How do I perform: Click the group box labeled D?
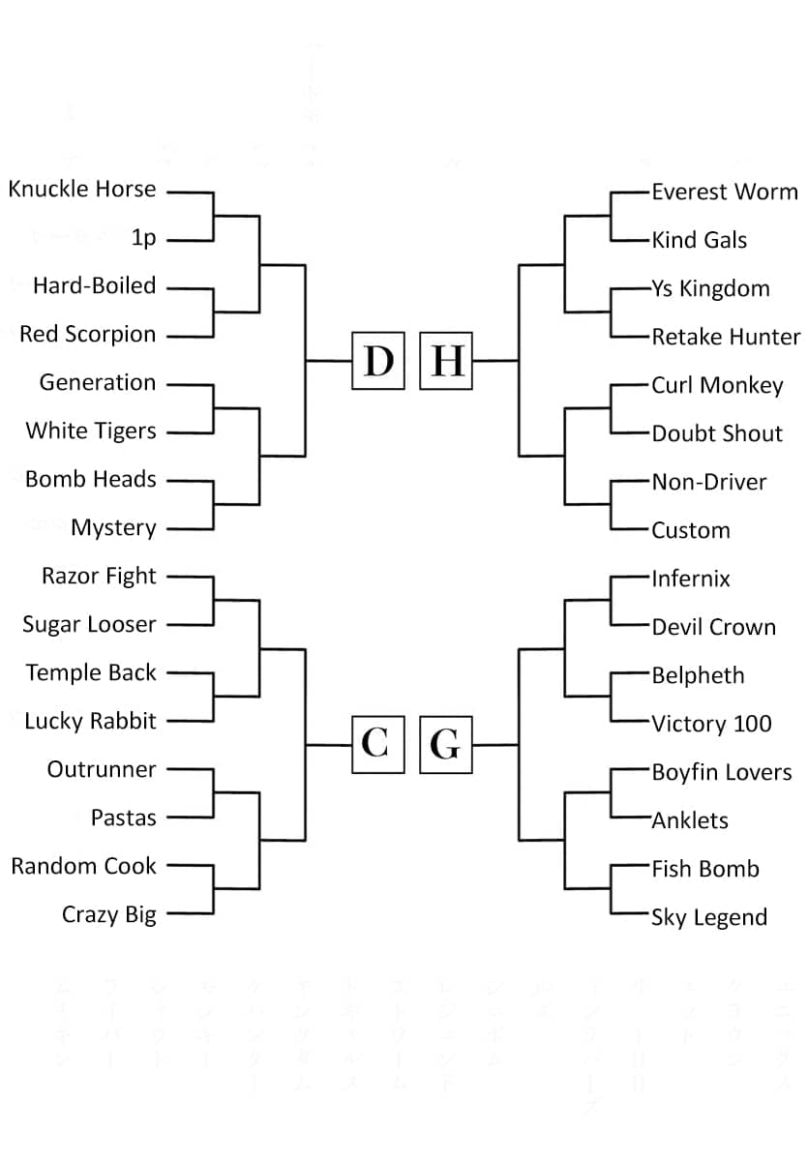[x=377, y=361]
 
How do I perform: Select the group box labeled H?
[x=446, y=361]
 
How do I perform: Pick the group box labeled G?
[x=446, y=745]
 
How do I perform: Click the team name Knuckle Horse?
[x=82, y=190]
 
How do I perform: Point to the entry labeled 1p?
[x=143, y=238]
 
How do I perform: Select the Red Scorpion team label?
[x=88, y=335]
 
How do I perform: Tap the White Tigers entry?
[x=91, y=432]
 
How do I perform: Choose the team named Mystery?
[x=113, y=528]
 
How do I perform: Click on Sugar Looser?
[x=89, y=625]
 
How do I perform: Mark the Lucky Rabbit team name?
[x=90, y=722]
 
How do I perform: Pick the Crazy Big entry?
[x=109, y=915]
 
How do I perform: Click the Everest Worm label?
[x=725, y=192]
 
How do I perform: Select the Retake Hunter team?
[x=726, y=337]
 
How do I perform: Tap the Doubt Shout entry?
[x=717, y=433]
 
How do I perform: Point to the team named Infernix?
[x=691, y=579]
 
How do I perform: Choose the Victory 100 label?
[x=711, y=724]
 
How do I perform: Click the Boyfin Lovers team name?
[x=722, y=772]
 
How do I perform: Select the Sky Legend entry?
[x=709, y=917]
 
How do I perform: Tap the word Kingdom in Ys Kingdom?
[x=725, y=289]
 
